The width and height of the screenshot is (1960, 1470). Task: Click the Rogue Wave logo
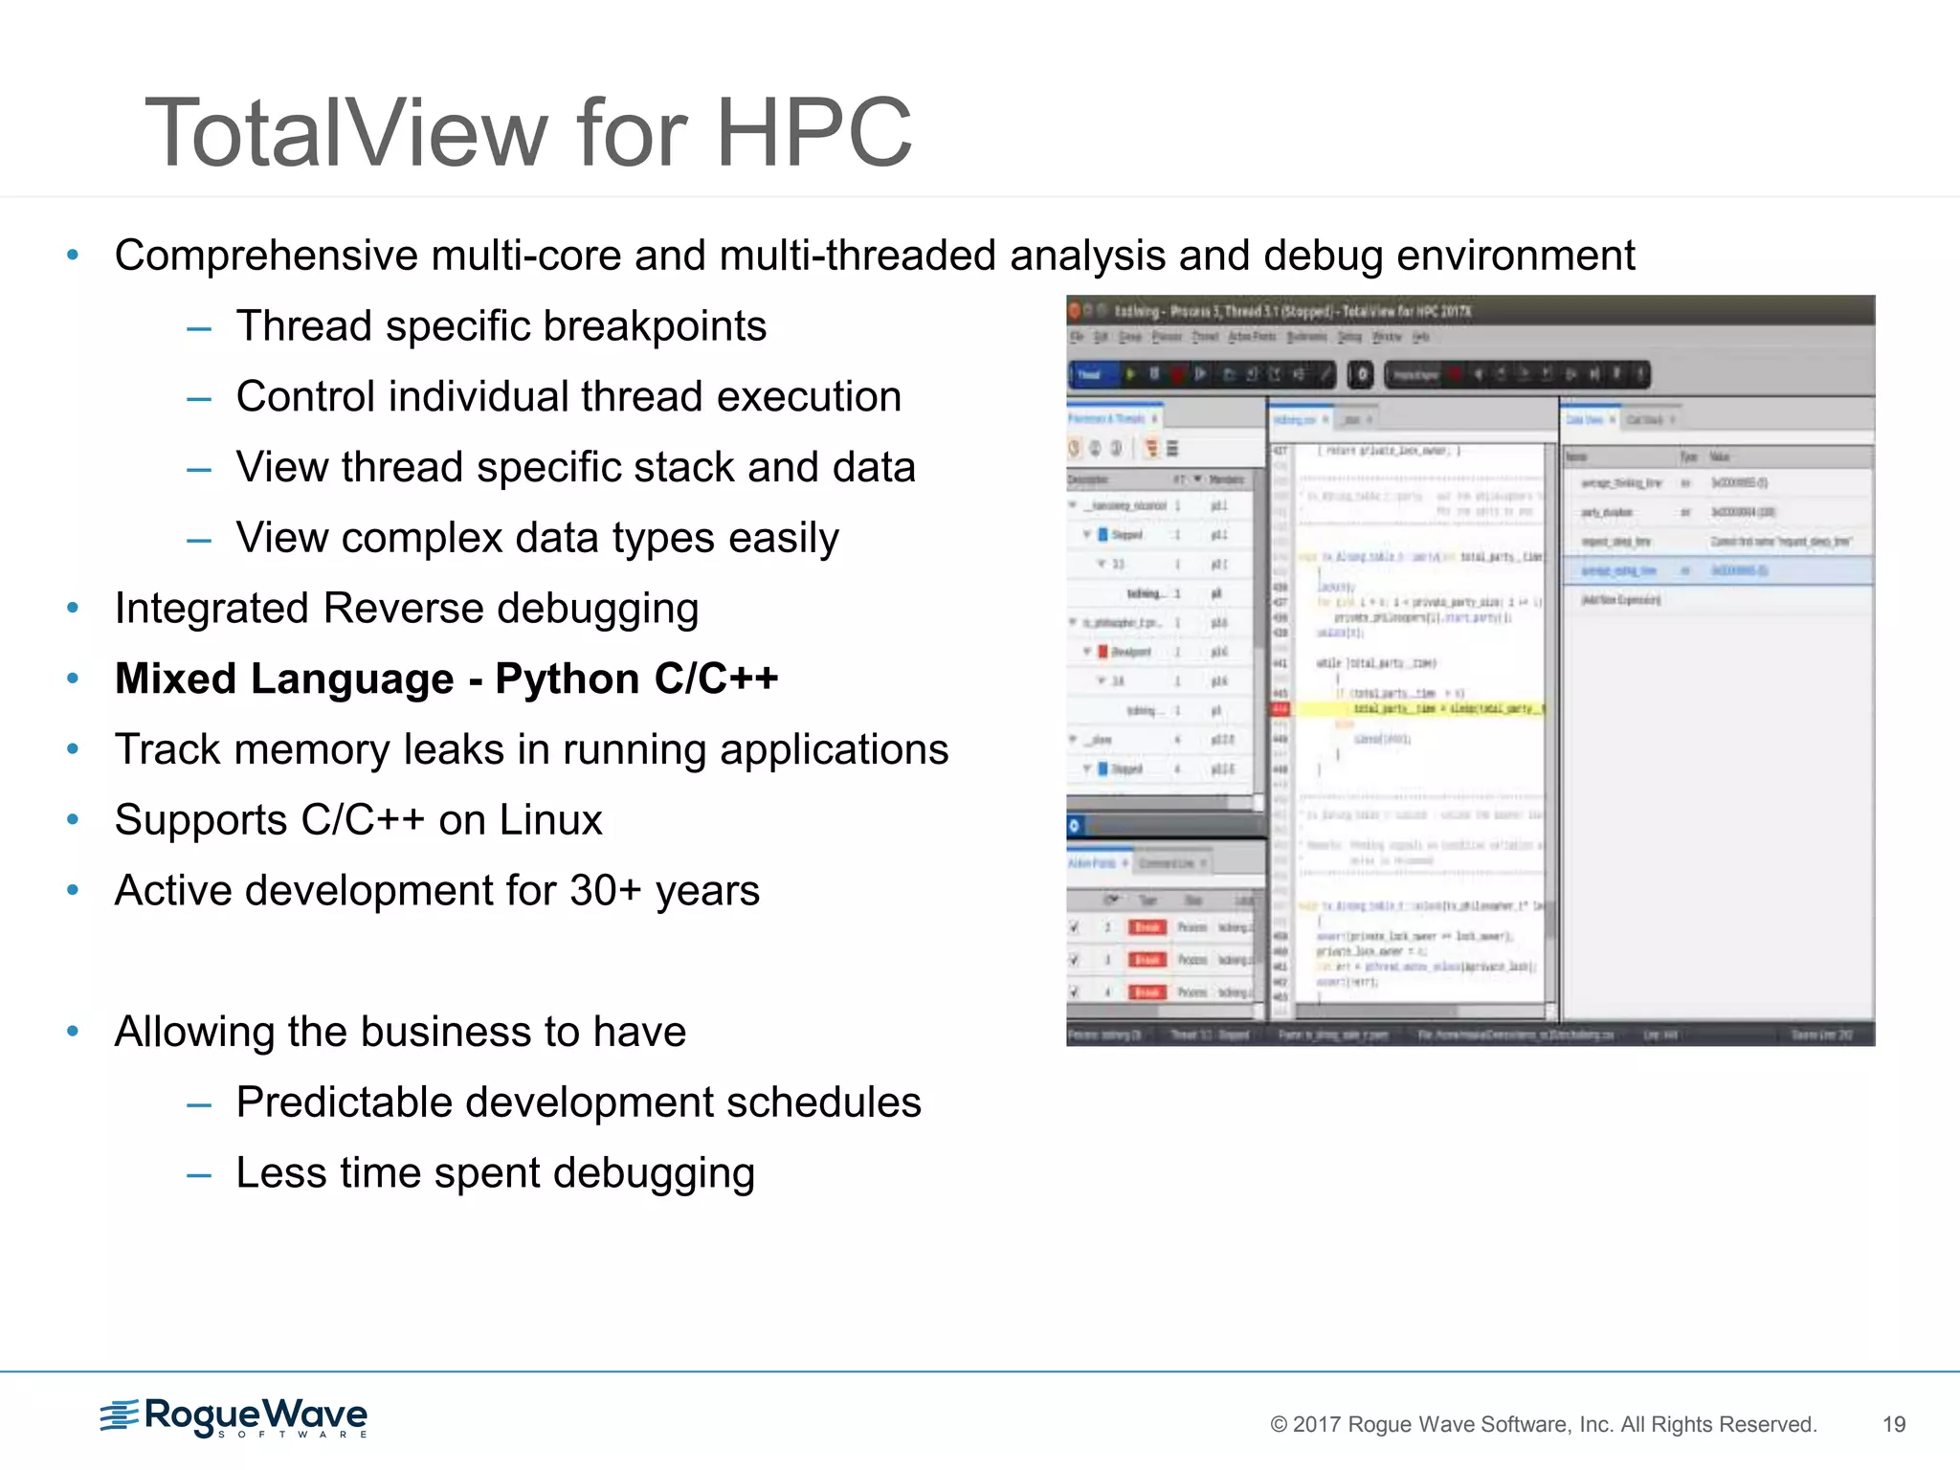pos(234,1417)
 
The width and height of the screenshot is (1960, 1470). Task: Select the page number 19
pos(1893,1424)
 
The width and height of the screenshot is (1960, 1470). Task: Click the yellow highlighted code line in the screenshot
pos(1416,709)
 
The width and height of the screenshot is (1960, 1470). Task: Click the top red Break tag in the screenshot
pos(1147,926)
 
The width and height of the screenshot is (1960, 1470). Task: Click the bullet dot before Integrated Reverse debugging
pos(73,609)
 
